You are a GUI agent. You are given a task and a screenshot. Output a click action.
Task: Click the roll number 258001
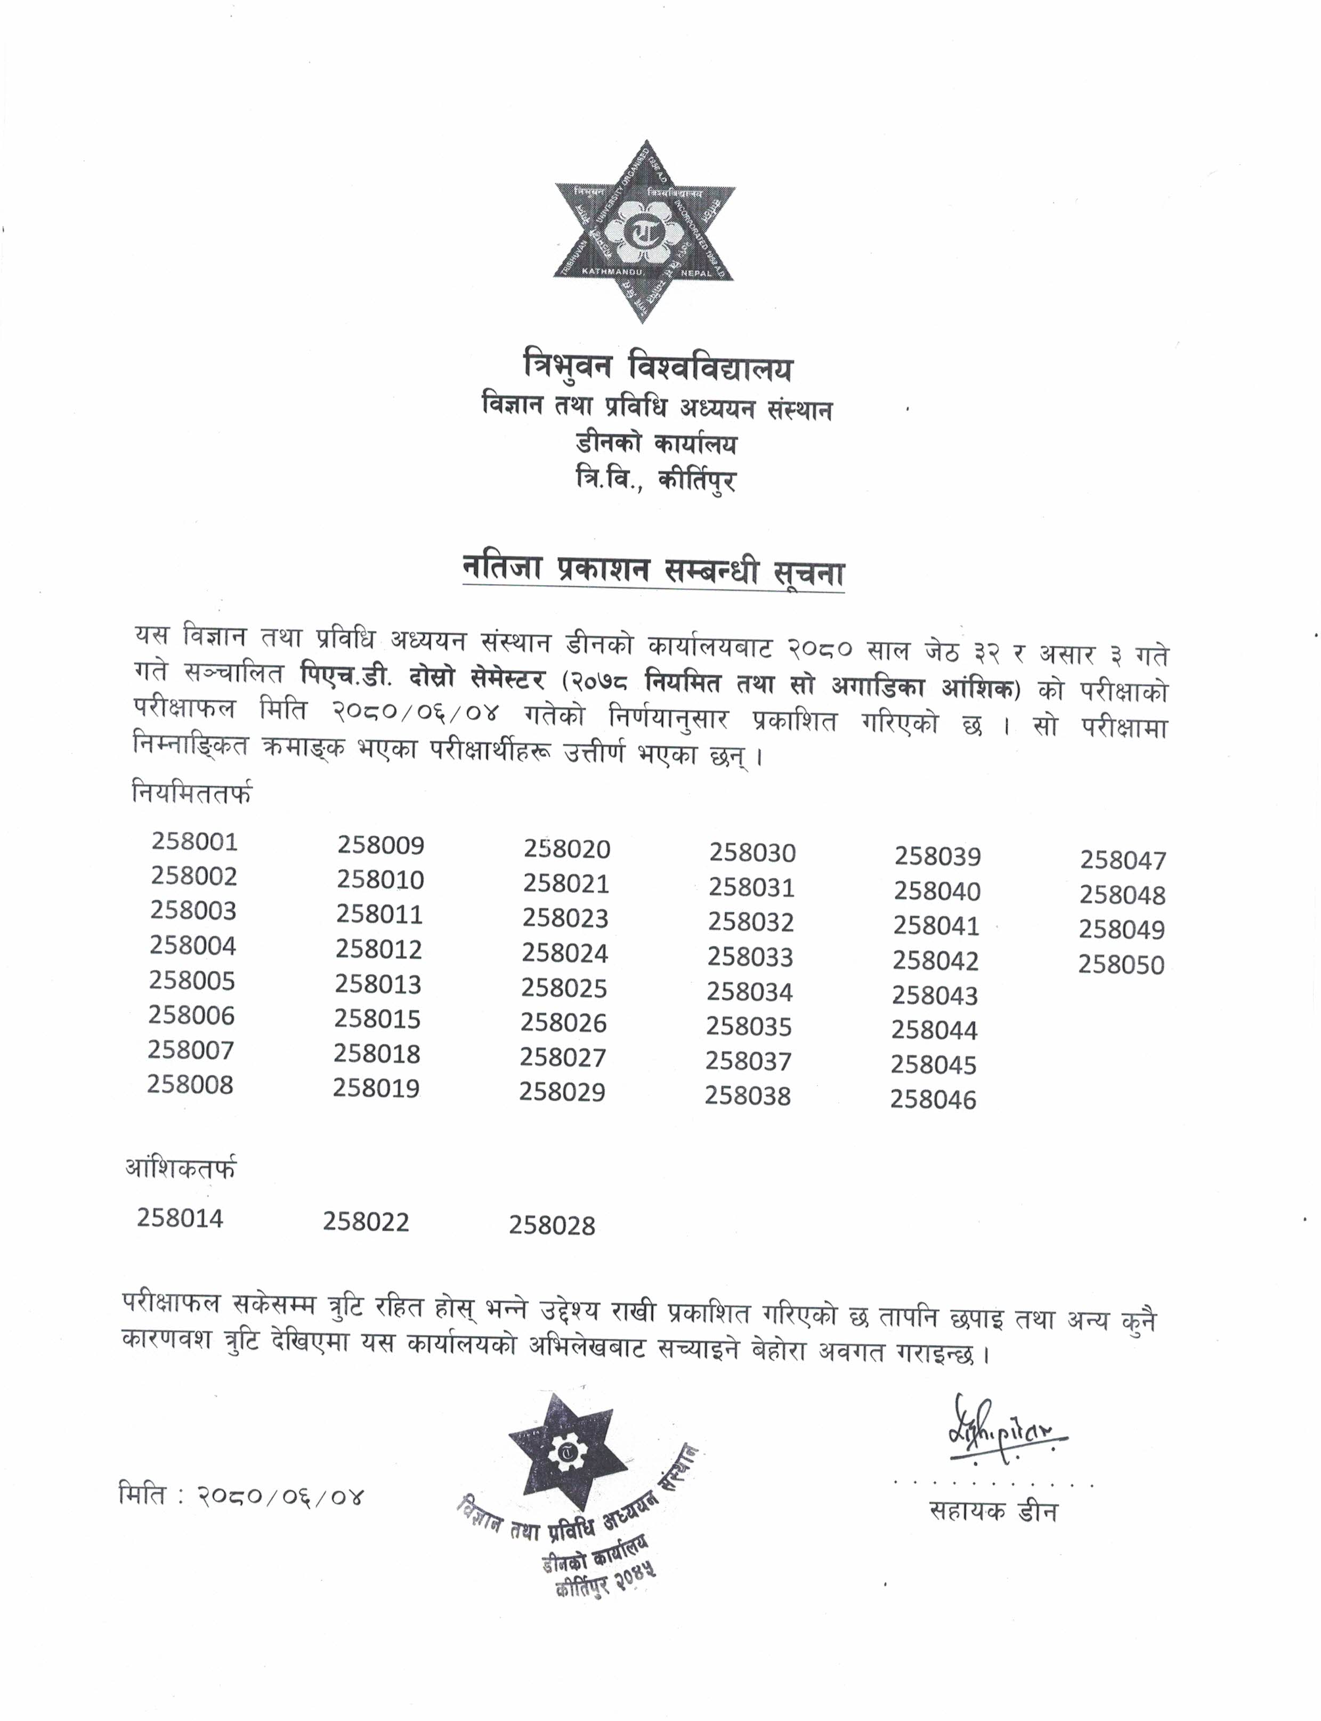(194, 842)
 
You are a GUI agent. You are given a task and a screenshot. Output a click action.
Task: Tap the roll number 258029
(562, 1092)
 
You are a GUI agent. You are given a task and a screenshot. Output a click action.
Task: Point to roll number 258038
(748, 1096)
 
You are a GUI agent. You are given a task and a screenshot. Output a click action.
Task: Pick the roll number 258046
(934, 1100)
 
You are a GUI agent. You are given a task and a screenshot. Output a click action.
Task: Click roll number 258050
(1121, 964)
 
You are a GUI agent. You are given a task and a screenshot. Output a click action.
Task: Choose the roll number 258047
(1123, 860)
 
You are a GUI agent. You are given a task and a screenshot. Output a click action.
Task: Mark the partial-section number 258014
(180, 1218)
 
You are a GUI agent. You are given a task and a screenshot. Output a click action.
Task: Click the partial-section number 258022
(367, 1222)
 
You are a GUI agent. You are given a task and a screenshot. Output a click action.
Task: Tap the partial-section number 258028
(552, 1225)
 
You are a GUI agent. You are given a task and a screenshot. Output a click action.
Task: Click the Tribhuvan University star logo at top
(645, 231)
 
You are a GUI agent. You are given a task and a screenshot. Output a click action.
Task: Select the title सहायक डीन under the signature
(993, 1511)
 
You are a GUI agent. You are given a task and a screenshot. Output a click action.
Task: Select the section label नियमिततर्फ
(193, 794)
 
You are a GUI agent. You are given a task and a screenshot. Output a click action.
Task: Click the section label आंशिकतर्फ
(181, 1169)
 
